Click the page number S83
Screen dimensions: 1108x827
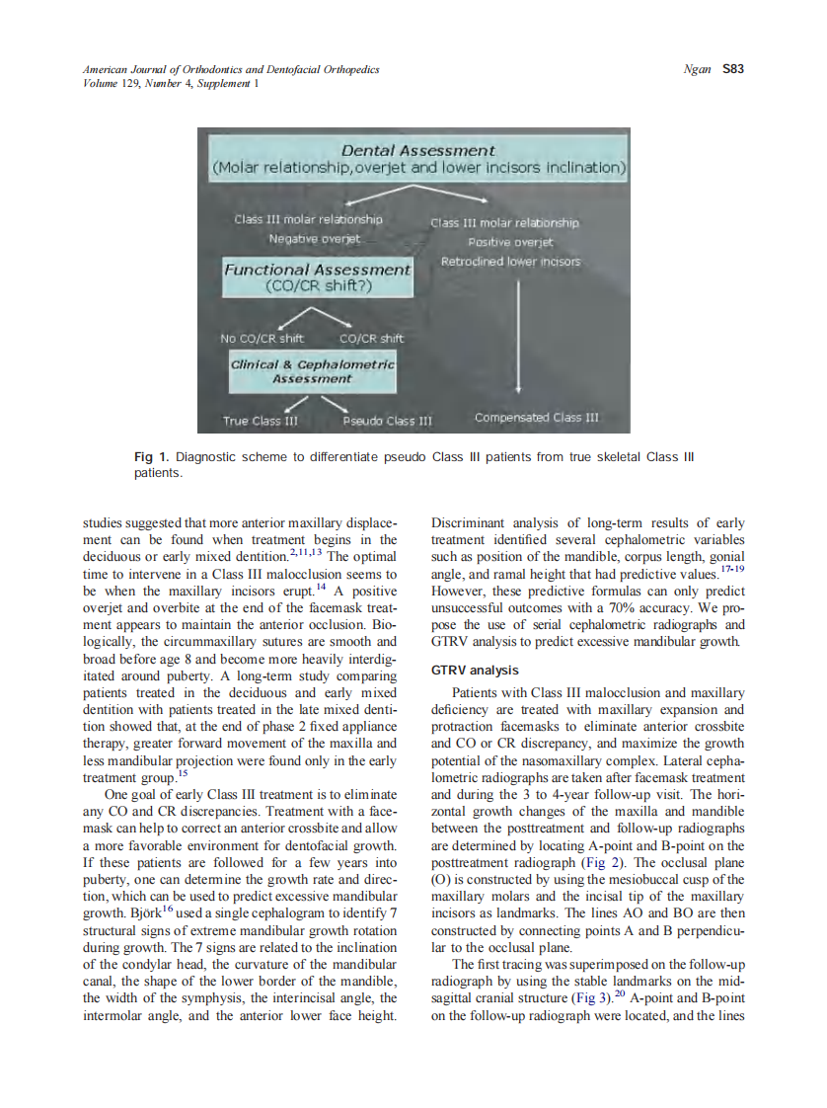(x=732, y=69)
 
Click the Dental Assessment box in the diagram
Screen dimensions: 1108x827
(x=418, y=159)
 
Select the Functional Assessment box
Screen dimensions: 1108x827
(x=317, y=277)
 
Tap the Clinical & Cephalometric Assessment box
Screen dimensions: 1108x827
(x=312, y=370)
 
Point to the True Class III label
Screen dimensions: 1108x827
(x=261, y=421)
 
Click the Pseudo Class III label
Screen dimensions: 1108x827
(x=388, y=421)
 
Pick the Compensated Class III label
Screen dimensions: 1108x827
(x=536, y=417)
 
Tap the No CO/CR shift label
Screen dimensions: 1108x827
(x=262, y=339)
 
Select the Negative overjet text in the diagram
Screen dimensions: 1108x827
(x=315, y=239)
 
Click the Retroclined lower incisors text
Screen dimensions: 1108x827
(x=510, y=262)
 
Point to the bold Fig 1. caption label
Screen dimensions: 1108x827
(x=152, y=457)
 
